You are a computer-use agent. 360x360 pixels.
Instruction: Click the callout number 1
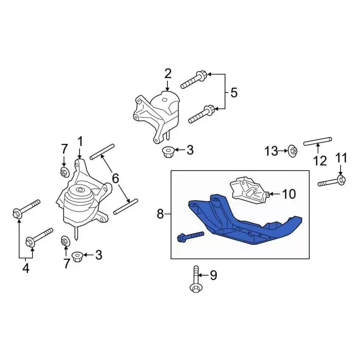(80, 141)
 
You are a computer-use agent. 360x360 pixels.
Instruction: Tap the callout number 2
(168, 74)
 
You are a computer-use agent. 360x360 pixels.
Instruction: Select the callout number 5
(234, 93)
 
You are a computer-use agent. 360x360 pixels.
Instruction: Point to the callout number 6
(115, 178)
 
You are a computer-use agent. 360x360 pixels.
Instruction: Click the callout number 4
(26, 268)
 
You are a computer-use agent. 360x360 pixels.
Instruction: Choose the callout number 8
(160, 214)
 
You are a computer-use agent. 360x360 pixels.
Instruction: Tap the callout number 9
(214, 275)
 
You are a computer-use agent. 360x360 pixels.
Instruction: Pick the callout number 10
(289, 194)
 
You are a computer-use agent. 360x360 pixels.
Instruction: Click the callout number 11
(341, 159)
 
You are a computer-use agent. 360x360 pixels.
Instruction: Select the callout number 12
(320, 161)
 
